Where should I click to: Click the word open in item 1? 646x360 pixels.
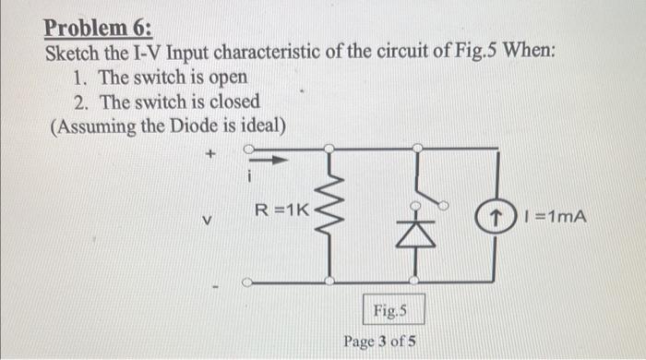(228, 77)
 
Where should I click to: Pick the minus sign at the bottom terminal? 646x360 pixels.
(214, 294)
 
